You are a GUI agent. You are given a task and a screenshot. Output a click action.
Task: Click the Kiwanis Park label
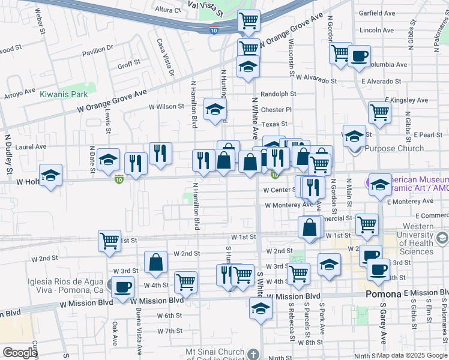click(64, 94)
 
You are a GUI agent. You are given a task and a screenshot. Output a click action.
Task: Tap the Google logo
click(20, 353)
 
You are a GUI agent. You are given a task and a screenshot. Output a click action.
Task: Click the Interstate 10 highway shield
click(214, 29)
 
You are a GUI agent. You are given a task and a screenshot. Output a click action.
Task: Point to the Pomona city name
click(383, 295)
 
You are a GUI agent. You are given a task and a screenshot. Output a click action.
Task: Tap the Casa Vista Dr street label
click(165, 58)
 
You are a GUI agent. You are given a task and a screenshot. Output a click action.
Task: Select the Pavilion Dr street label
click(98, 50)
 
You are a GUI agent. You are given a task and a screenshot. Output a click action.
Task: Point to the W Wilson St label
click(167, 107)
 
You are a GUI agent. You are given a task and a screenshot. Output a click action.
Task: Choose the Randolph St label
click(278, 94)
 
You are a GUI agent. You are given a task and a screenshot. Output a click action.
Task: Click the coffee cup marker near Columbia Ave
click(360, 56)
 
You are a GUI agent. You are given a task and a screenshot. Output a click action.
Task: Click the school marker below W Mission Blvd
click(261, 309)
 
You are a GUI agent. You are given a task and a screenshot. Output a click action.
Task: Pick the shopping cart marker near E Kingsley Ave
click(379, 111)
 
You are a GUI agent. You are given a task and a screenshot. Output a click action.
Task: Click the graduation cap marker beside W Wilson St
click(215, 109)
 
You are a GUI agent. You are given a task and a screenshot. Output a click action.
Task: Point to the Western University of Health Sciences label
click(414, 239)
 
